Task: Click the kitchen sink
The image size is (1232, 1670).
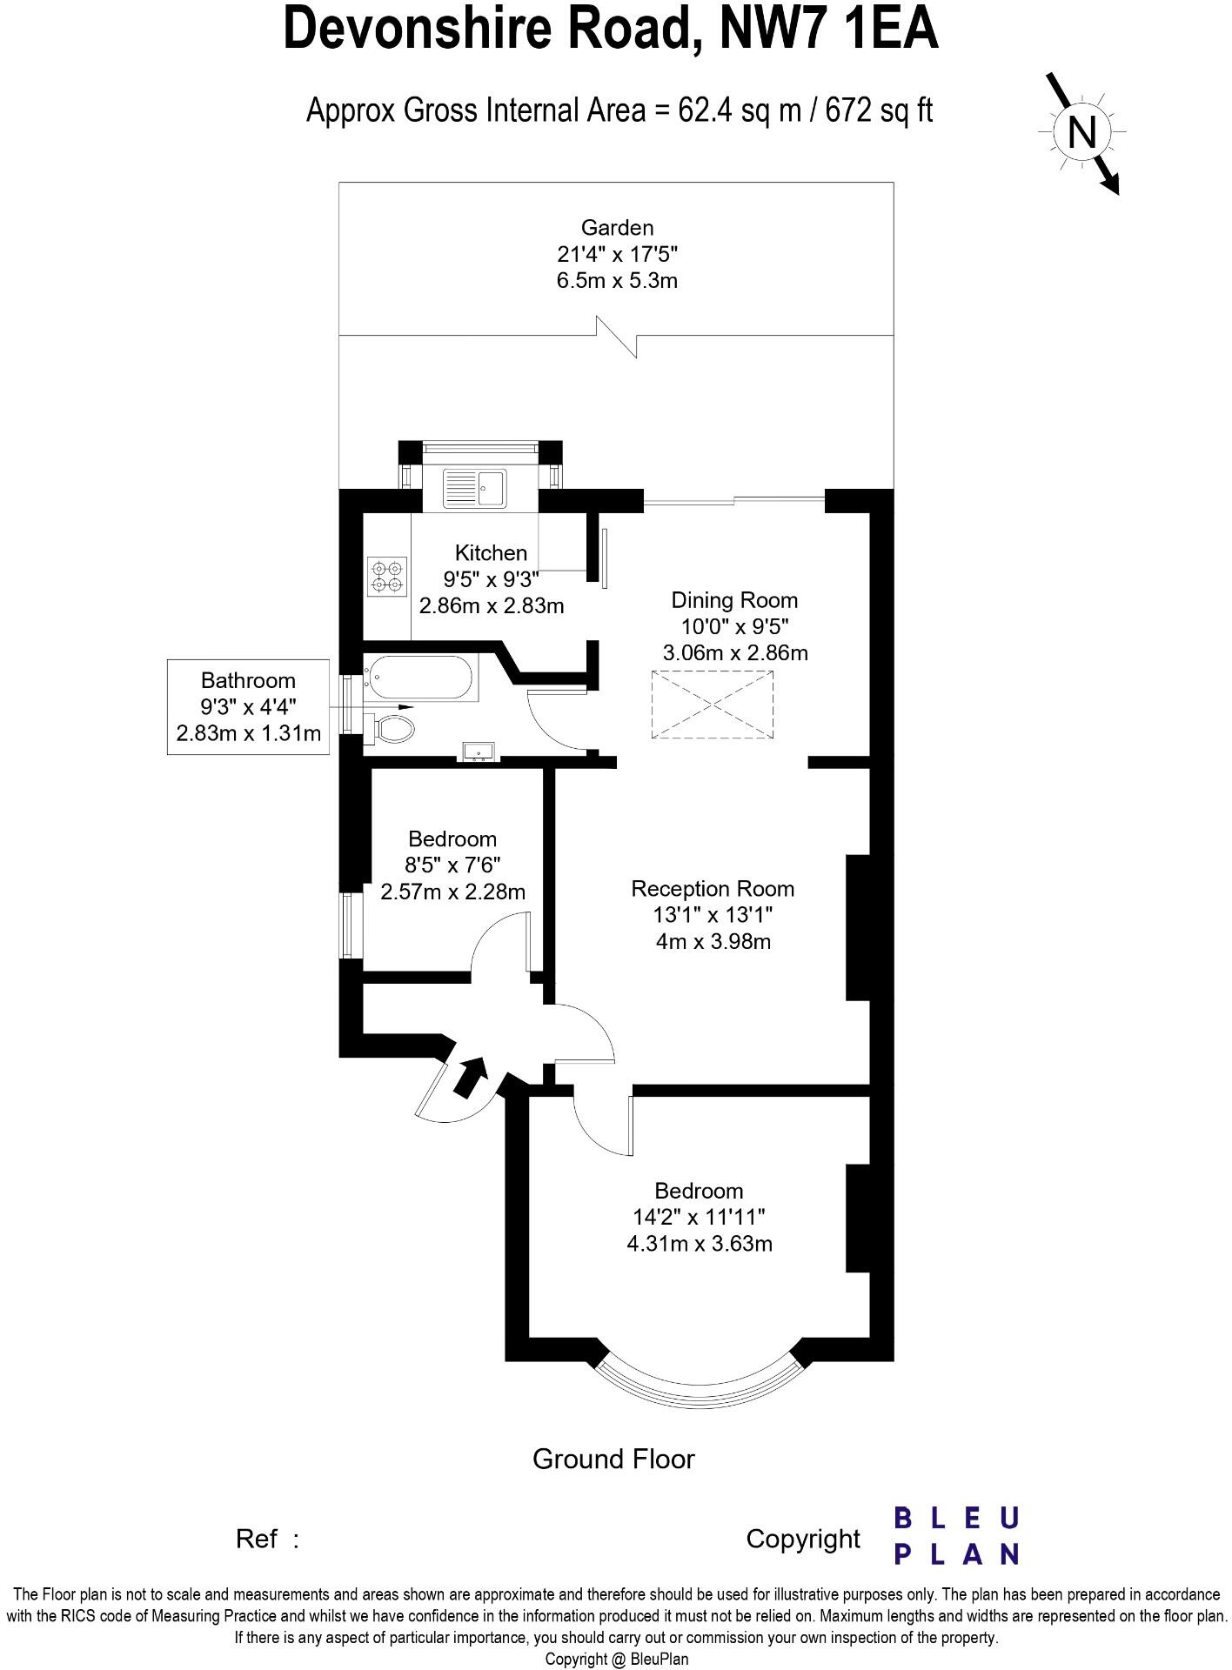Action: point(474,488)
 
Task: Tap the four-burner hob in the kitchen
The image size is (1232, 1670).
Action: point(386,576)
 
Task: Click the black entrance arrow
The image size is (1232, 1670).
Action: point(470,1077)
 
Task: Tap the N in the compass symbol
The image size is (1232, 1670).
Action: point(1081,133)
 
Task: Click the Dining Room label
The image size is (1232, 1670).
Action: point(734,600)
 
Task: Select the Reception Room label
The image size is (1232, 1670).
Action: point(713,889)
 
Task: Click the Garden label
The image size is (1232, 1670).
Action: point(617,228)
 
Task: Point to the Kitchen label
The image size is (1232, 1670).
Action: point(491,552)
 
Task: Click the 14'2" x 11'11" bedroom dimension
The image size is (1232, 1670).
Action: point(700,1217)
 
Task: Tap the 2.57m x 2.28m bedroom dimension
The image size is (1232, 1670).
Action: point(452,892)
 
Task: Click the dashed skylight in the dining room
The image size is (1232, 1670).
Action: point(712,705)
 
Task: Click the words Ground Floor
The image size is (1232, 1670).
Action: point(613,1459)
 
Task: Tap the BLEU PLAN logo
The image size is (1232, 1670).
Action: point(956,1536)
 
